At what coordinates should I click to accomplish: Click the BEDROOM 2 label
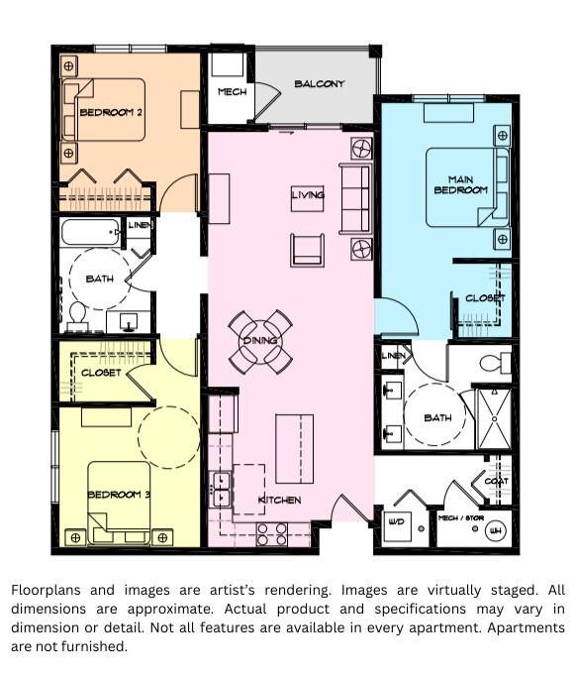pyautogui.click(x=111, y=112)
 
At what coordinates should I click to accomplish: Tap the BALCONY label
pyautogui.click(x=320, y=84)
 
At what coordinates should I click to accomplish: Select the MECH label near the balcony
pyautogui.click(x=232, y=93)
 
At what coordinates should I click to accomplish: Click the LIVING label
pyautogui.click(x=308, y=195)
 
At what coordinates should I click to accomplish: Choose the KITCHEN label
pyautogui.click(x=279, y=500)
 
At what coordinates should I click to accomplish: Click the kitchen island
pyautogui.click(x=293, y=447)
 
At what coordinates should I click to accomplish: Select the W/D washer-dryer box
pyautogui.click(x=397, y=522)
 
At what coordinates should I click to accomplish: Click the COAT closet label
pyautogui.click(x=496, y=482)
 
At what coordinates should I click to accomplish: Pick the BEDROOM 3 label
pyautogui.click(x=119, y=495)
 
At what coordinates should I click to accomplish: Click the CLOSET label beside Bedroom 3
pyautogui.click(x=101, y=373)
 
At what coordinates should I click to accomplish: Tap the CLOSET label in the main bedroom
pyautogui.click(x=485, y=298)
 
